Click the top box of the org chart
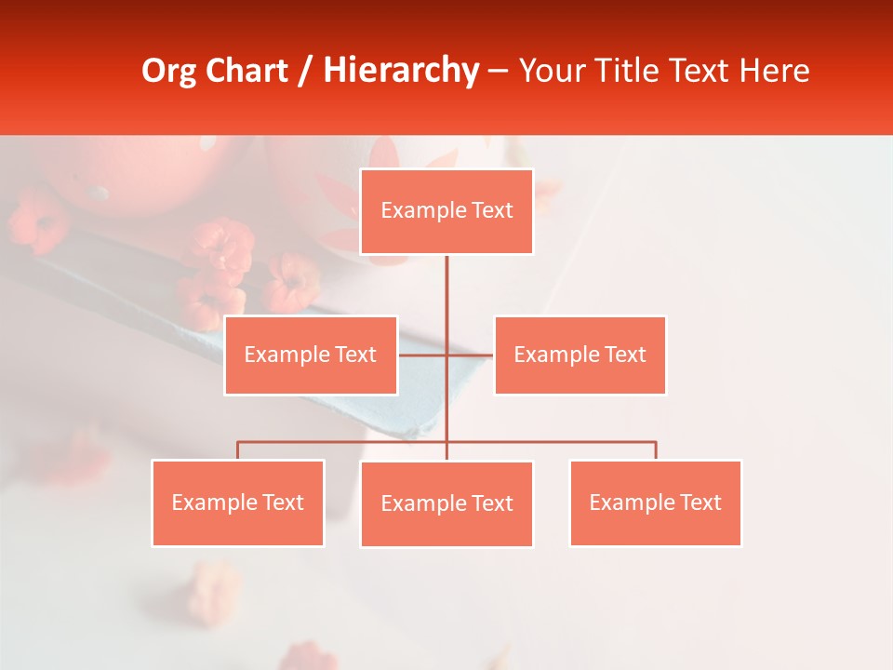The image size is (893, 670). point(446,211)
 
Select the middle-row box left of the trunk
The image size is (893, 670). point(311,355)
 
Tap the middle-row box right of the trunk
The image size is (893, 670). point(580,355)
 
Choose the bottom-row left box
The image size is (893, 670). point(238,502)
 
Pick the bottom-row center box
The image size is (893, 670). point(446,503)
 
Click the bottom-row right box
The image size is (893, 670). point(655,502)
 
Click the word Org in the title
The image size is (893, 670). point(168,71)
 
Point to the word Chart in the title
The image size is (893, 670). point(246,71)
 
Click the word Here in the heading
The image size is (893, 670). point(774,71)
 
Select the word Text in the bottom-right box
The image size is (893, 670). point(700,502)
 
